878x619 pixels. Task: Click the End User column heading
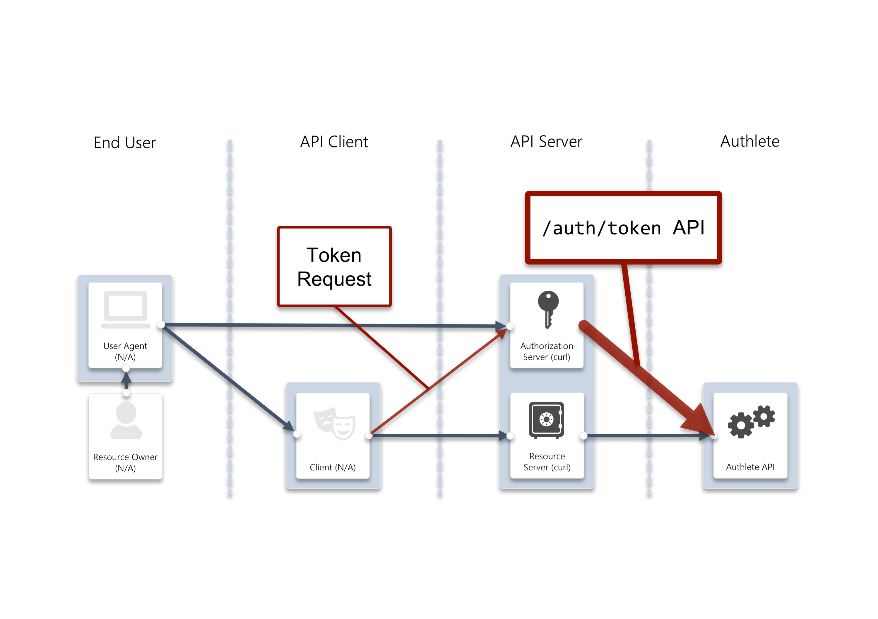coord(125,143)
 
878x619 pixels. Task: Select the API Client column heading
coord(334,142)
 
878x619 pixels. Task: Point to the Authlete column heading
coord(749,141)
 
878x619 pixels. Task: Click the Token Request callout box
coord(334,267)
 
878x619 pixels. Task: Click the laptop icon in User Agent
coord(125,309)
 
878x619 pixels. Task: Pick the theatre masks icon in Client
coord(334,423)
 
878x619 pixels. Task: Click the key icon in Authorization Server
coord(548,309)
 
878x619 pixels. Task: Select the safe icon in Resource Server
coord(547,420)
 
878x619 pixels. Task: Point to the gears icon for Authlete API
coord(751,421)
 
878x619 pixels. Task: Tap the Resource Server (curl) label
coord(547,462)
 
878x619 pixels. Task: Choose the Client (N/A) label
coord(333,467)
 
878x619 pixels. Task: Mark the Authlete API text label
coord(750,467)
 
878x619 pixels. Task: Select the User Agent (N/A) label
coord(125,351)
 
